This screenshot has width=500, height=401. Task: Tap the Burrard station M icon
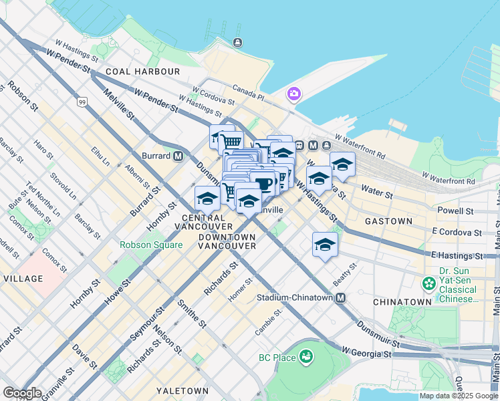(x=178, y=156)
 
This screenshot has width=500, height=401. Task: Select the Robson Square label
(x=151, y=245)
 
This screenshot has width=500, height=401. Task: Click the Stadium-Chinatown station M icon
(x=341, y=297)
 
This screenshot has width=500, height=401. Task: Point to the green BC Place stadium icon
(x=306, y=358)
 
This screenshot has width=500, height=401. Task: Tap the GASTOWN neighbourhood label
(x=388, y=221)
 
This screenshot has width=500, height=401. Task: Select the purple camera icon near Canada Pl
(x=293, y=94)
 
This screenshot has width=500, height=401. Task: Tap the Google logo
(x=22, y=393)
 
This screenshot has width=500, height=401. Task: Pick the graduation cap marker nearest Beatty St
(x=325, y=244)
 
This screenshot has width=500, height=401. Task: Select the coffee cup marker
(x=262, y=183)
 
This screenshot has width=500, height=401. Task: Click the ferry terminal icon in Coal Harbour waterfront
(x=237, y=43)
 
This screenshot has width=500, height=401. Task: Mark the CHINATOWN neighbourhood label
(x=402, y=302)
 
